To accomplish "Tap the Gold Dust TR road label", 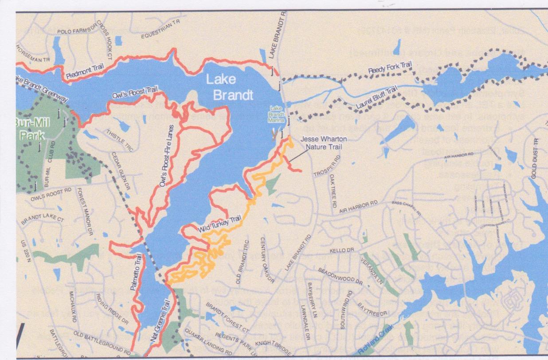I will pos(535,157).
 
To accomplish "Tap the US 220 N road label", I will pos(22,251).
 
